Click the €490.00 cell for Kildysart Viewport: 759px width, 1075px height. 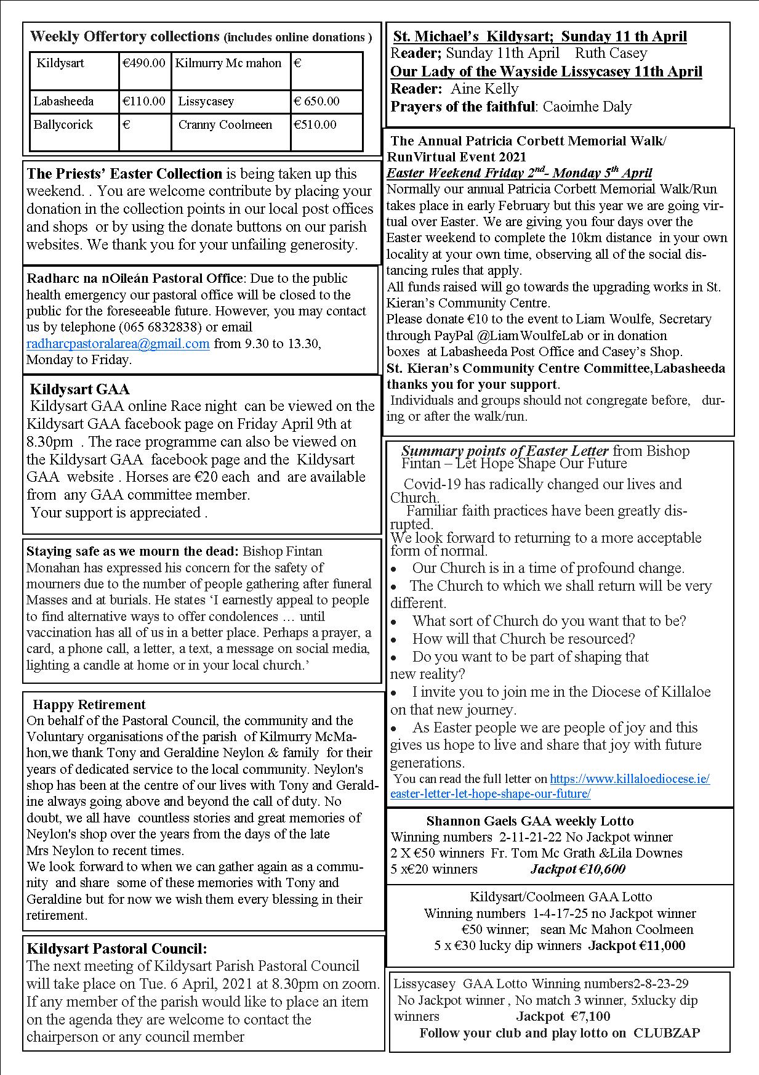point(144,63)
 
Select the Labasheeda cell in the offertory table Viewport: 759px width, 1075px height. point(64,101)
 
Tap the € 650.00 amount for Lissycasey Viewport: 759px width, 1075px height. point(316,101)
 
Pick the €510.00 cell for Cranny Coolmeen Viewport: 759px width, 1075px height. point(315,124)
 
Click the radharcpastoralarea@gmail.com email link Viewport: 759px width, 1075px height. point(118,343)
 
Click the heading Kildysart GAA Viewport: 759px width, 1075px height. point(79,389)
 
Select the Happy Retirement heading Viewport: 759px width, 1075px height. point(89,704)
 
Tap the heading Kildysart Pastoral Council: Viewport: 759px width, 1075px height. point(117,948)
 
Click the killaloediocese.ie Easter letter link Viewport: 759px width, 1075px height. point(550,786)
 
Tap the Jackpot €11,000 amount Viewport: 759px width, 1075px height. point(637,945)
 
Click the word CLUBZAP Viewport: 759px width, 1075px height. point(667,1032)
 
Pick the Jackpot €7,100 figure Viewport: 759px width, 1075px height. point(563,1016)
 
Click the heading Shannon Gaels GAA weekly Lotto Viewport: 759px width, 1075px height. point(529,821)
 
